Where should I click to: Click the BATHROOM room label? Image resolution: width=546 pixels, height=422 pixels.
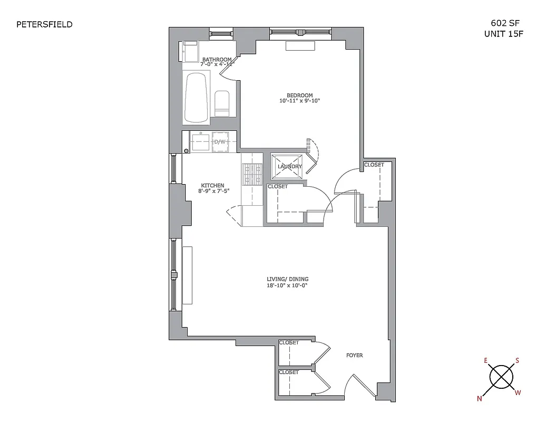tap(217, 60)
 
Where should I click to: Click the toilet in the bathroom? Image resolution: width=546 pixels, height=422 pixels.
tap(222, 103)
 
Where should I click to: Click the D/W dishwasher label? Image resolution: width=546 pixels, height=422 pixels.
tap(219, 142)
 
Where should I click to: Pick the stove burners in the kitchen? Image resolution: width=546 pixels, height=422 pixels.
tap(252, 174)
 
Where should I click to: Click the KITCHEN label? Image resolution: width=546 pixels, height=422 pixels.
tap(212, 186)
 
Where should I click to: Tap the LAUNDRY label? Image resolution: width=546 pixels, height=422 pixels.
tap(290, 167)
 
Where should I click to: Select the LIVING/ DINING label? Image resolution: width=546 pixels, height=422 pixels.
tap(287, 280)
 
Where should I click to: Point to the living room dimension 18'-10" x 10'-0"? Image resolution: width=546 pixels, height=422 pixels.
tap(287, 285)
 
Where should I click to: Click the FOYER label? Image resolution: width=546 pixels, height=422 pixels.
tap(354, 356)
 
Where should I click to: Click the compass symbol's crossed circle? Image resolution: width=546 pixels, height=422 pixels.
tap(501, 377)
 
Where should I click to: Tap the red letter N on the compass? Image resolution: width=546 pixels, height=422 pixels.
tap(480, 399)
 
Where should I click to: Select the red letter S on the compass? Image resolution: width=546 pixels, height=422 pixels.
tap(518, 361)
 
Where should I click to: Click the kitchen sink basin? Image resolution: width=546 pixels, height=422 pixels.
tap(200, 142)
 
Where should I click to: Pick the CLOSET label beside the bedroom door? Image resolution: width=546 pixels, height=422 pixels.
tap(374, 165)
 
